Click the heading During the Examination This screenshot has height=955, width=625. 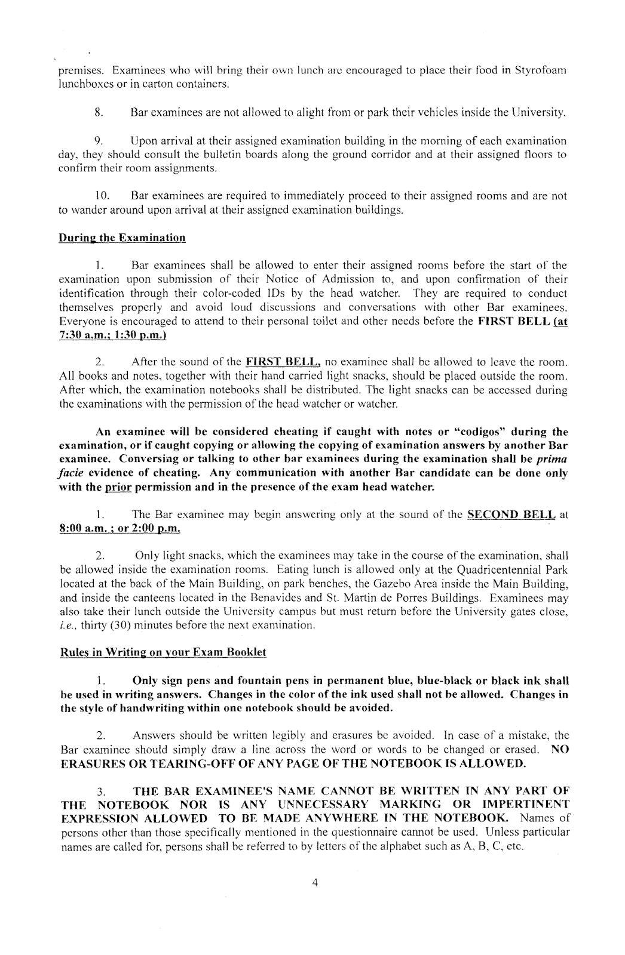click(122, 238)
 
